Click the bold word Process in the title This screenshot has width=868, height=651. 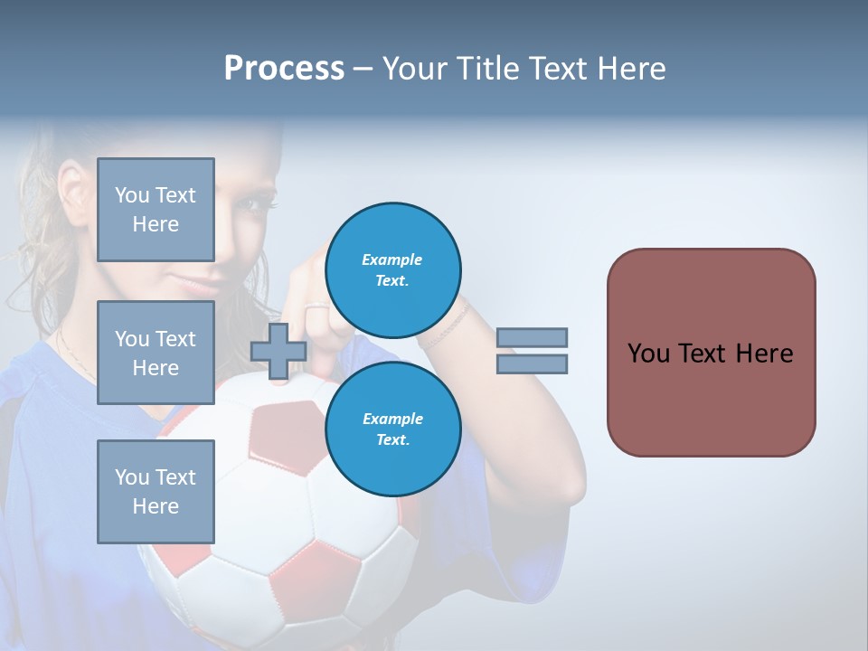(x=284, y=69)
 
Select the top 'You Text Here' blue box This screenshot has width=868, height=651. (x=156, y=210)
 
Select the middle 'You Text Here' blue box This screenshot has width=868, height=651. (x=156, y=353)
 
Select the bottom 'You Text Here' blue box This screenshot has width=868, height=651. (x=156, y=491)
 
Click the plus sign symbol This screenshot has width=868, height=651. (x=278, y=351)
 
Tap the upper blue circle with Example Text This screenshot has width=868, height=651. (x=392, y=270)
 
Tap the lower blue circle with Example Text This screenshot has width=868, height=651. (x=392, y=429)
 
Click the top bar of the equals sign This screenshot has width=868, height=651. (x=532, y=337)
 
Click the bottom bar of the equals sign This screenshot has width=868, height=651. (x=532, y=364)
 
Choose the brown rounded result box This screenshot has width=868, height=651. (x=711, y=352)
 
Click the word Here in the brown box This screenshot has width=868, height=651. (x=764, y=354)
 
